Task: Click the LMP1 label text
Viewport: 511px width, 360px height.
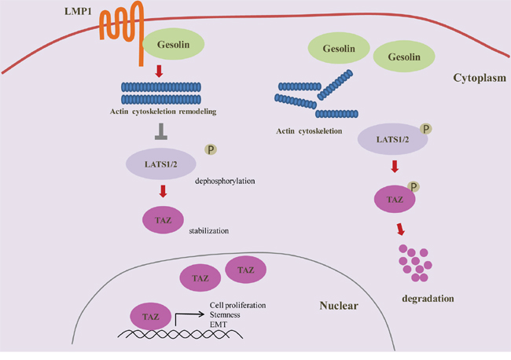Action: point(78,12)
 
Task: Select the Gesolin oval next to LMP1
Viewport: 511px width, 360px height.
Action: point(174,44)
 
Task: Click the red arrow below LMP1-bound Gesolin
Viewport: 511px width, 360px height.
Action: point(159,71)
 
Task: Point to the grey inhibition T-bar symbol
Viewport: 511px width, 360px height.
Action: point(161,131)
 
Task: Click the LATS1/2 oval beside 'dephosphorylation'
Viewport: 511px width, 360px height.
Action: point(161,163)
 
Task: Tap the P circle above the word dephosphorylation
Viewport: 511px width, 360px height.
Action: point(211,149)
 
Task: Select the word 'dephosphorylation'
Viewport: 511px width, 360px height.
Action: point(225,181)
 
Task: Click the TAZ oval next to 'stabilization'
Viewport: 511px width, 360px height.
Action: point(163,220)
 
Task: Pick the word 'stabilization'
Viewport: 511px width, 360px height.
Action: point(209,231)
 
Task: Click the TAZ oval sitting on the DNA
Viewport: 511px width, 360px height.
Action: point(151,316)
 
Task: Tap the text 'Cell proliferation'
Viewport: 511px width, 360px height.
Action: point(237,305)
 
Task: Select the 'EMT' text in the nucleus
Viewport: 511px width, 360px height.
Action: point(219,325)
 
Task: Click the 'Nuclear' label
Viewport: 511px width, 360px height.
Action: point(339,306)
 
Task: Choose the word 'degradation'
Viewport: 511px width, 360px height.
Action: point(428,299)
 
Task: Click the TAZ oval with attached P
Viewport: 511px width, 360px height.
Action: point(395,199)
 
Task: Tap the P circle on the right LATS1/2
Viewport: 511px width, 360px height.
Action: point(425,129)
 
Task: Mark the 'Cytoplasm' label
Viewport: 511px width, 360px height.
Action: point(480,78)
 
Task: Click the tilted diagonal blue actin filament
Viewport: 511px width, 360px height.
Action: point(335,84)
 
